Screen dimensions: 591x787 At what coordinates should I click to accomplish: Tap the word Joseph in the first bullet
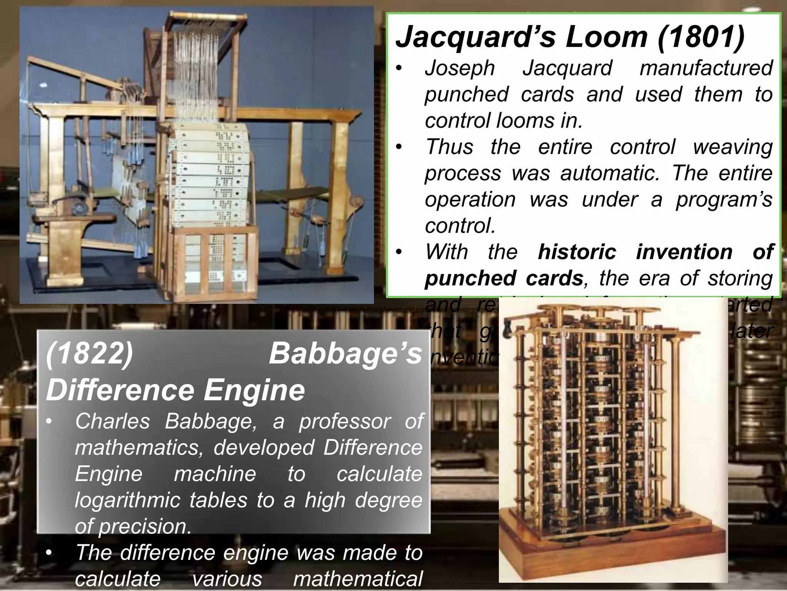(x=460, y=68)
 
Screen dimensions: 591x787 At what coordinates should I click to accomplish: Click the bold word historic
(x=577, y=252)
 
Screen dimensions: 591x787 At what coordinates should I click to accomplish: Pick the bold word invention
(x=684, y=252)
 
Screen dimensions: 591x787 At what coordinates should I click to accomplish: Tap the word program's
(x=724, y=200)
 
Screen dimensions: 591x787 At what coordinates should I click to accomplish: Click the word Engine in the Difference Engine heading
(x=254, y=390)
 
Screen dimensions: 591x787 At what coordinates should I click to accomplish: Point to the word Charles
(x=112, y=421)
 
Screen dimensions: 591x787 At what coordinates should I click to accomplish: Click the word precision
(x=144, y=526)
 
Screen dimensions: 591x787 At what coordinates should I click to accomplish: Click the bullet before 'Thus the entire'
(x=400, y=147)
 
